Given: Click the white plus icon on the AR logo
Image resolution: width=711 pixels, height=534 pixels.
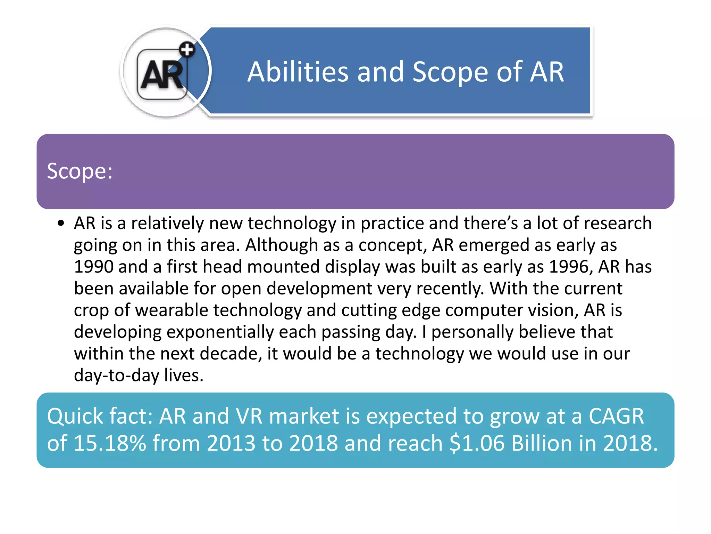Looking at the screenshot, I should pos(187,50).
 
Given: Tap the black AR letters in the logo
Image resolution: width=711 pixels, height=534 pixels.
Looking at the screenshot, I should pos(162,75).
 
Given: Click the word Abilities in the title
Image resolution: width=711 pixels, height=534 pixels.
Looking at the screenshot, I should pos(298,72).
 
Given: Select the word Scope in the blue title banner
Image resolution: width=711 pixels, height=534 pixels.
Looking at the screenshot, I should pos(450,72).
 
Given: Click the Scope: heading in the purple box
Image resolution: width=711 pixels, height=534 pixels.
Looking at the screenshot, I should pos(80,171).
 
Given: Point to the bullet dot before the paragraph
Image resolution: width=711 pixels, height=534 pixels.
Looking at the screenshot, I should pos(61,223).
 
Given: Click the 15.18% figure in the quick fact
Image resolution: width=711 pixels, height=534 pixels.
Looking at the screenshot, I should pos(110,443).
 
